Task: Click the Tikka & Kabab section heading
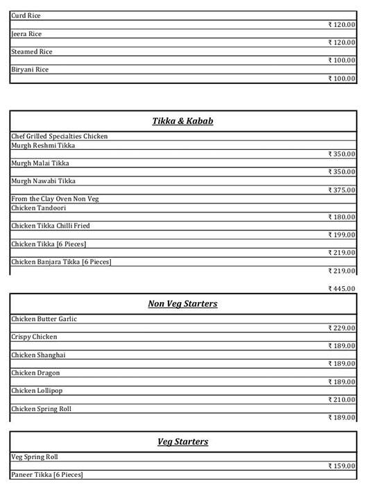[182, 121]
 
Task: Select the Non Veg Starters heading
[182, 304]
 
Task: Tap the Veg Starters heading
[182, 442]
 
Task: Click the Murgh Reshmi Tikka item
[43, 146]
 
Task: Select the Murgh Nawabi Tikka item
[43, 181]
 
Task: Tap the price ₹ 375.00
[341, 190]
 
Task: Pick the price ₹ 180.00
[341, 217]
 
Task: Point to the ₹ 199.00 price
[341, 235]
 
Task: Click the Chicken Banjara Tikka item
[61, 262]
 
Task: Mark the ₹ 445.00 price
[341, 289]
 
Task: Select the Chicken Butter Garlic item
[44, 319]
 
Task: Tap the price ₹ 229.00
[341, 328]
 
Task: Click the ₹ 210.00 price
[341, 400]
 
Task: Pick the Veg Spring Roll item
[34, 458]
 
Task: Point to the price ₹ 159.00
[341, 466]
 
